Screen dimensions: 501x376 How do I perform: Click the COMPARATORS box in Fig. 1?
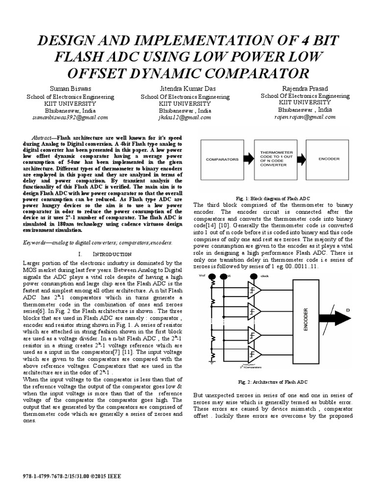222,159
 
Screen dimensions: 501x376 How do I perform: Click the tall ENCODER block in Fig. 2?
306,320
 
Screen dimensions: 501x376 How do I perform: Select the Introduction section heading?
105,254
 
